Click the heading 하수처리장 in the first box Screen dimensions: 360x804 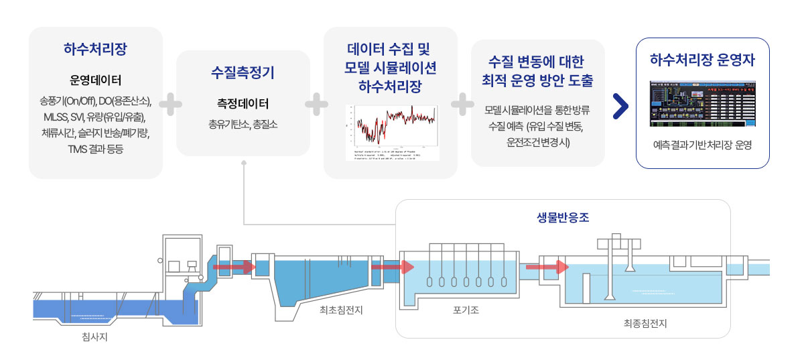(96, 50)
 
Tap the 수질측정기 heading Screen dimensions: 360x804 (243, 72)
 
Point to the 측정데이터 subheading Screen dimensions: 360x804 (243, 104)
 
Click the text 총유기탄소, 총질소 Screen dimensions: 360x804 (243, 124)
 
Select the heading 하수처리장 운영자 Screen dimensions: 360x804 (702, 60)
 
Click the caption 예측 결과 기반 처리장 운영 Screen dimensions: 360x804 (702, 144)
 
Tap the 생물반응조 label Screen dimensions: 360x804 (563, 218)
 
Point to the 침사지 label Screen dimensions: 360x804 (94, 337)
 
